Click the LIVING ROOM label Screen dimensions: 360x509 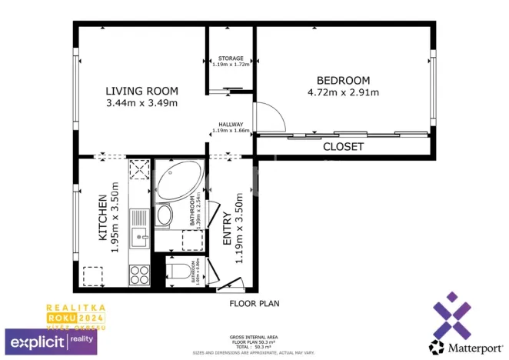(141, 90)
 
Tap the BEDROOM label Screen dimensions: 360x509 (343, 81)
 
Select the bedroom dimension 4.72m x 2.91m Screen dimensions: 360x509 (343, 93)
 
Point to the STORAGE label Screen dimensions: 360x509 (231, 58)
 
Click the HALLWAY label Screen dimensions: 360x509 (231, 125)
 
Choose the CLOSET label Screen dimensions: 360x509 (343, 146)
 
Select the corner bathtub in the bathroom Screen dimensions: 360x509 (178, 182)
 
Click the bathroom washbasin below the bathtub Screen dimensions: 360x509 (165, 216)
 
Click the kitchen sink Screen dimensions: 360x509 (139, 236)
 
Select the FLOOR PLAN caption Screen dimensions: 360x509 (254, 304)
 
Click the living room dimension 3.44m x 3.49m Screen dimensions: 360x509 (141, 102)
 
